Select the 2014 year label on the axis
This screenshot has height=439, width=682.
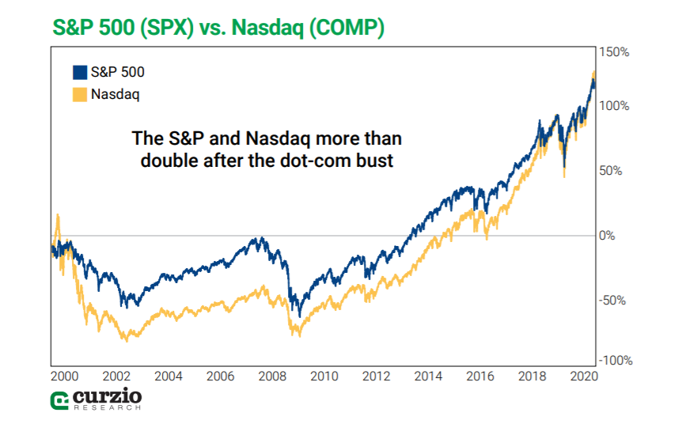pos(428,377)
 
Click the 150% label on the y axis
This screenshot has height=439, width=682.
pos(615,52)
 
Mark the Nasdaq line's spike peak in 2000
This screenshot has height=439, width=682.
pos(57,215)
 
